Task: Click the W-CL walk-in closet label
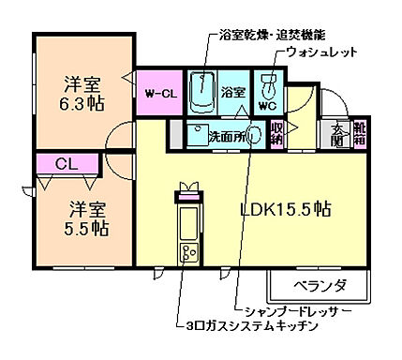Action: coord(161,93)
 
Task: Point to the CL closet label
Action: coord(67,164)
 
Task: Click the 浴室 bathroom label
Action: coord(232,93)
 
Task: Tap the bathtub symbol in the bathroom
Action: coord(200,92)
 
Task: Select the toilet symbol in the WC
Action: coord(267,88)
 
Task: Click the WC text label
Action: coord(266,106)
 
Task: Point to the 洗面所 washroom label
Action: coord(227,136)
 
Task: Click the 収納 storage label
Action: coord(276,133)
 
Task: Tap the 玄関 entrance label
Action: coord(338,135)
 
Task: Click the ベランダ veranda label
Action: coord(320,285)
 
